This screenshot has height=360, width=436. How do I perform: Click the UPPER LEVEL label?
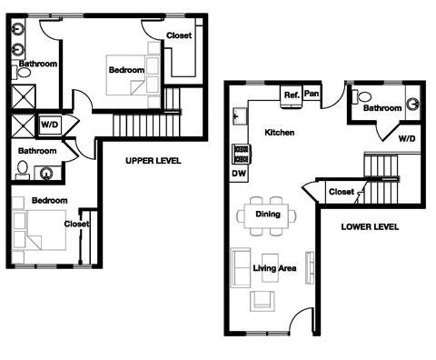tap(154, 161)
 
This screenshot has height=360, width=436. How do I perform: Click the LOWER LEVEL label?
tap(369, 226)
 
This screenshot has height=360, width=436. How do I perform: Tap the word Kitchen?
tap(279, 133)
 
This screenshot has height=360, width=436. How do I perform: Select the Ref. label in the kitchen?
tap(292, 95)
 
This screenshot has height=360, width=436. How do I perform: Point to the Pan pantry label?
tap(312, 94)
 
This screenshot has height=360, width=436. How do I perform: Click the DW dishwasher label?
tap(239, 172)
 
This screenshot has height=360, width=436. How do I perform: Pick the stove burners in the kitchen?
tap(240, 152)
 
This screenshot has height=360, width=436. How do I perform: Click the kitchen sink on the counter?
tap(240, 115)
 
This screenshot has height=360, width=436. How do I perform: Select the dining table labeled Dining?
tap(267, 215)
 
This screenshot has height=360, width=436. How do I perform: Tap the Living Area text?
tap(274, 268)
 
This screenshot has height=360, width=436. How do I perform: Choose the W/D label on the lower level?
tap(407, 139)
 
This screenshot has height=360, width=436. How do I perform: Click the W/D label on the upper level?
tap(48, 125)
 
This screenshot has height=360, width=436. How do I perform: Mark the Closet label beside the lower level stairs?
tap(342, 192)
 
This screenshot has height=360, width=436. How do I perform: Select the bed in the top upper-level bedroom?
tap(125, 72)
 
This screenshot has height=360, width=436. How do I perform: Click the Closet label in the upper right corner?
tap(179, 35)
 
